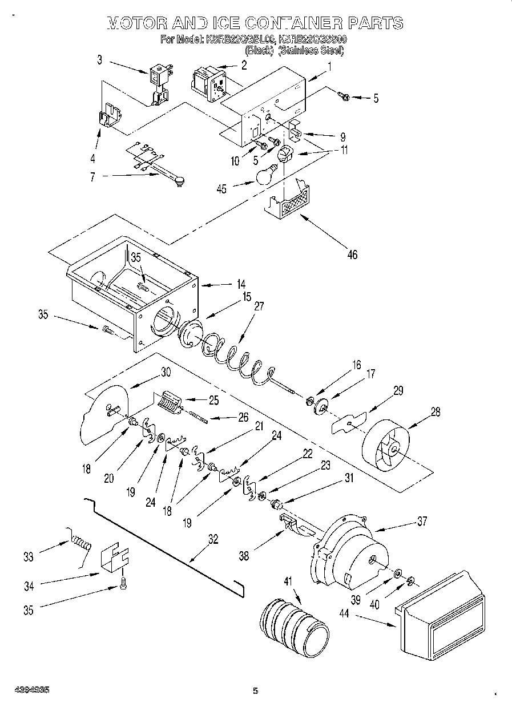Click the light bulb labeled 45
pos(266,175)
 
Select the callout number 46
pos(352,254)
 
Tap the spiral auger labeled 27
pos(234,357)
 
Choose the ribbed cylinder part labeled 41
pos(295,627)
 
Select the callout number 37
pos(421,521)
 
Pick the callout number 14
pos(241,283)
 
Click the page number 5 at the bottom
pos(256,691)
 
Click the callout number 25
pos(213,400)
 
